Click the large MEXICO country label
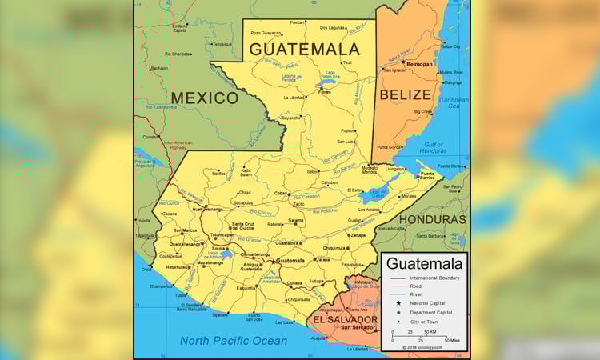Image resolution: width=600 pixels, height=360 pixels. point(205,98)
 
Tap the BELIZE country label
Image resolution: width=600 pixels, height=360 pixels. point(405,94)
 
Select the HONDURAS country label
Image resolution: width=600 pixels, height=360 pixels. point(432,218)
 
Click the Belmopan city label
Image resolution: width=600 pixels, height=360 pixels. point(419,63)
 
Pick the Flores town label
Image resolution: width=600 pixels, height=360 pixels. point(325,92)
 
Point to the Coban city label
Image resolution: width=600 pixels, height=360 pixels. point(281,193)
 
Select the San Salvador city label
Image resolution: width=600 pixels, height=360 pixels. point(358,327)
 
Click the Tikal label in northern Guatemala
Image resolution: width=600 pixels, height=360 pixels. point(346,62)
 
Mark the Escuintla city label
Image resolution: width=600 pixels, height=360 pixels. point(246,287)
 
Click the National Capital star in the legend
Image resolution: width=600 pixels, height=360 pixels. point(398,303)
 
